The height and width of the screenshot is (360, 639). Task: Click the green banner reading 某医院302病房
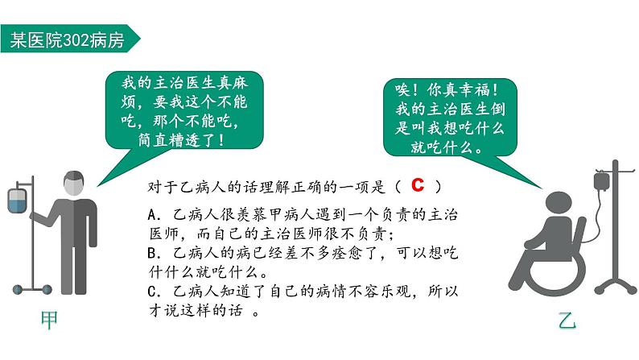(70, 39)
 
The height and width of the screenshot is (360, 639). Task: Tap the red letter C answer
(418, 184)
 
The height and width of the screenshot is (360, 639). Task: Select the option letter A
(152, 214)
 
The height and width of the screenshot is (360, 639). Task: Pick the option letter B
(152, 253)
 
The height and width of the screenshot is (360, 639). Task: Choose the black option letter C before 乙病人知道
(152, 292)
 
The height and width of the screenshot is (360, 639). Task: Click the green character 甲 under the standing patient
(49, 321)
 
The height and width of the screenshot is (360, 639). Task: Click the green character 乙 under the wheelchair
(567, 321)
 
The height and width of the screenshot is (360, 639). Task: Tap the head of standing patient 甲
(74, 184)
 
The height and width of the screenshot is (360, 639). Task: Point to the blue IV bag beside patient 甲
(17, 201)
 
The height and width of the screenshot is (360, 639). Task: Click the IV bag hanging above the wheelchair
(601, 180)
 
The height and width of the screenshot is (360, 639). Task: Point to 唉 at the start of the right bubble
(402, 89)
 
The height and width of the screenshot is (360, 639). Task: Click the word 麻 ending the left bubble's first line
(240, 83)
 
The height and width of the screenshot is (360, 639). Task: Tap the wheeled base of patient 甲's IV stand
(32, 289)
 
